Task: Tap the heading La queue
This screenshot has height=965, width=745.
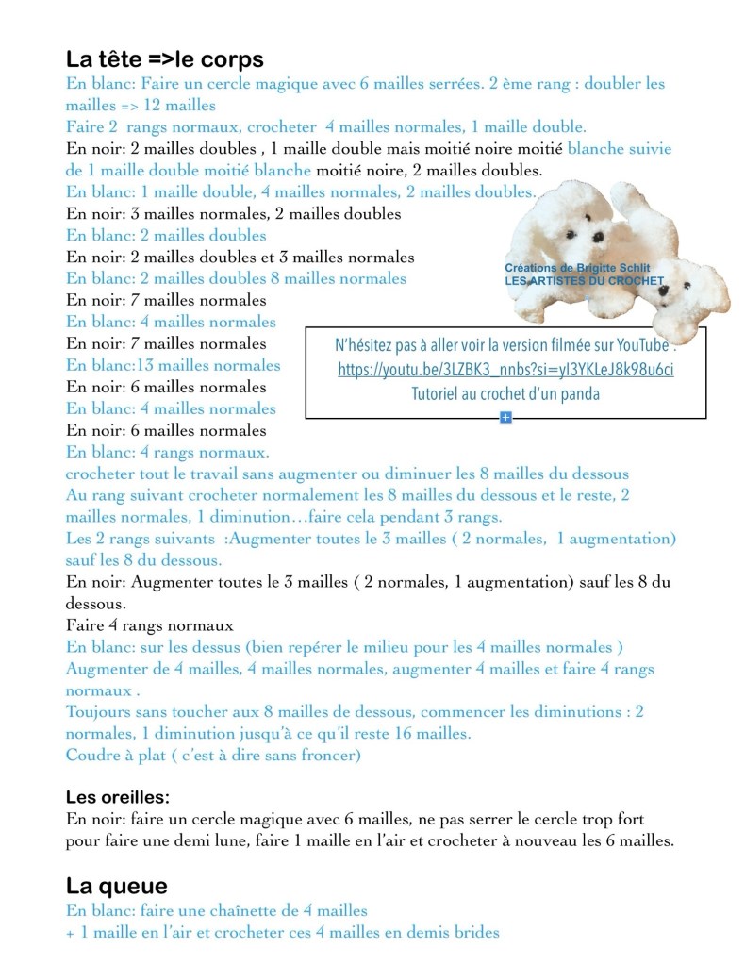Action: pos(117,886)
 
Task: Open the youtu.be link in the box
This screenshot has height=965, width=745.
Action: pos(505,370)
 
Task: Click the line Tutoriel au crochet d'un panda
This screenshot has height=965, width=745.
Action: pos(505,394)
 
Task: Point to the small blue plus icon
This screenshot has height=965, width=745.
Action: pos(505,417)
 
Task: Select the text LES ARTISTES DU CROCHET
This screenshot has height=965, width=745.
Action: pos(584,280)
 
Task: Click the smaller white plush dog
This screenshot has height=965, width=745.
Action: pos(684,291)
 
